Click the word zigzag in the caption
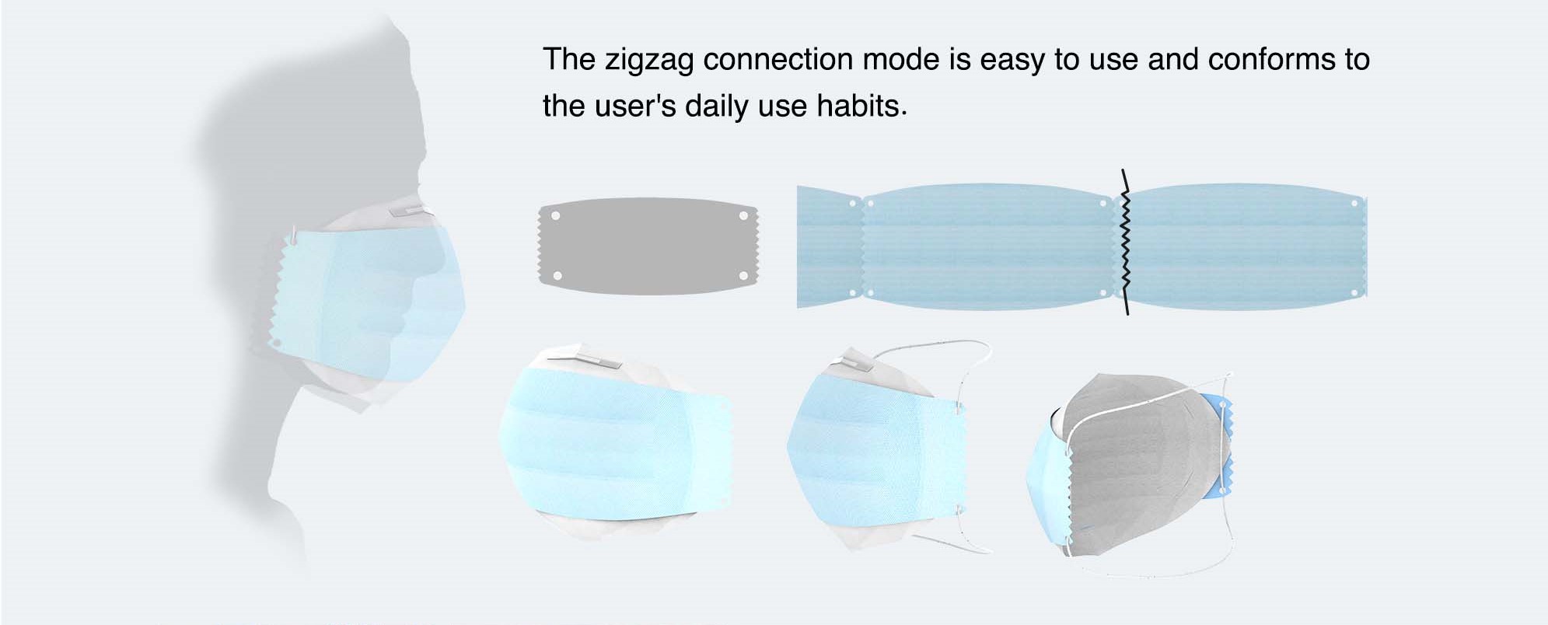(648, 61)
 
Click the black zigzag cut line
(1124, 242)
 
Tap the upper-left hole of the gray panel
(555, 215)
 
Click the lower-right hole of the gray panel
(743, 276)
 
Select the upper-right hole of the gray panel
(743, 215)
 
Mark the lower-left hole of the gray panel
(556, 276)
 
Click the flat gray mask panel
(648, 246)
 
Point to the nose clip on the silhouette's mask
(409, 210)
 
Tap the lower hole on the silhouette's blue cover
(274, 341)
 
